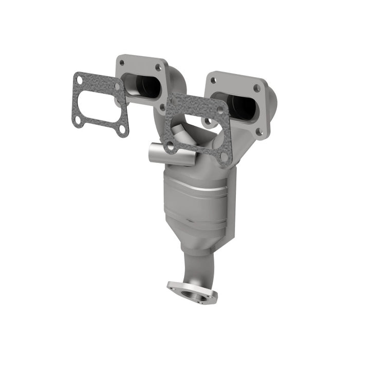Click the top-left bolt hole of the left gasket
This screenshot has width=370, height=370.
click(79, 80)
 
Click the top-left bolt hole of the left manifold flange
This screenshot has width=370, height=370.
click(122, 63)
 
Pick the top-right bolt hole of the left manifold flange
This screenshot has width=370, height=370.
click(158, 67)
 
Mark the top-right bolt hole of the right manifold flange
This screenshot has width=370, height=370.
click(256, 88)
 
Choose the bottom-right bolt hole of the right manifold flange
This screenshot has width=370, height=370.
click(260, 132)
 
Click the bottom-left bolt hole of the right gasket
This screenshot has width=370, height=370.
click(170, 146)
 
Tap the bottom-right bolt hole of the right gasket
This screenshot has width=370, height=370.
click(224, 156)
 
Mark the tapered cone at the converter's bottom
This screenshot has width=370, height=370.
click(198, 242)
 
